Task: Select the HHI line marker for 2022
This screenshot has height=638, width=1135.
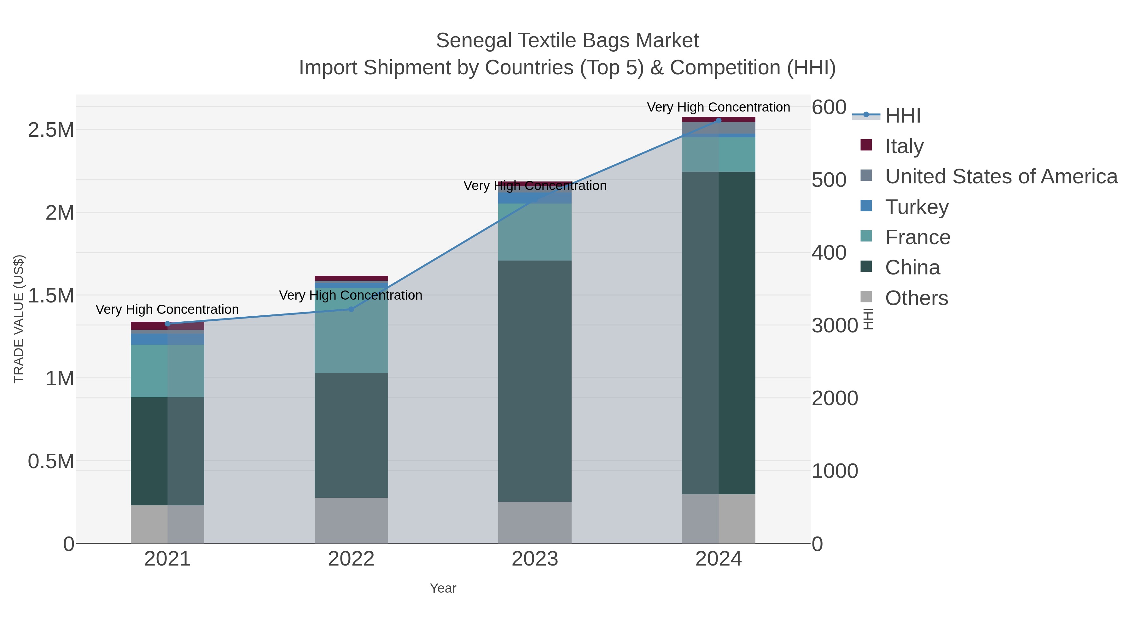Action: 351,309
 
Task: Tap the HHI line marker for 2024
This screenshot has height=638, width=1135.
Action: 719,120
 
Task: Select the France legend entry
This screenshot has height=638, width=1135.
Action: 917,237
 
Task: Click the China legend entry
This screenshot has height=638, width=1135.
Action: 912,267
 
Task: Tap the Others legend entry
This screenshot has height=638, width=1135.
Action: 916,298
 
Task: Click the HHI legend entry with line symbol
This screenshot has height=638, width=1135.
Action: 902,115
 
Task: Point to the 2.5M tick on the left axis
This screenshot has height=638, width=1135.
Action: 51,130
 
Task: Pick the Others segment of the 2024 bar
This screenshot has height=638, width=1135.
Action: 719,519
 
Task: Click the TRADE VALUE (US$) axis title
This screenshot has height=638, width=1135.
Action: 19,319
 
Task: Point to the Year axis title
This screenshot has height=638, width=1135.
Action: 443,588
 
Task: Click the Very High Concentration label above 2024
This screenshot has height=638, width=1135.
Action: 718,107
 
